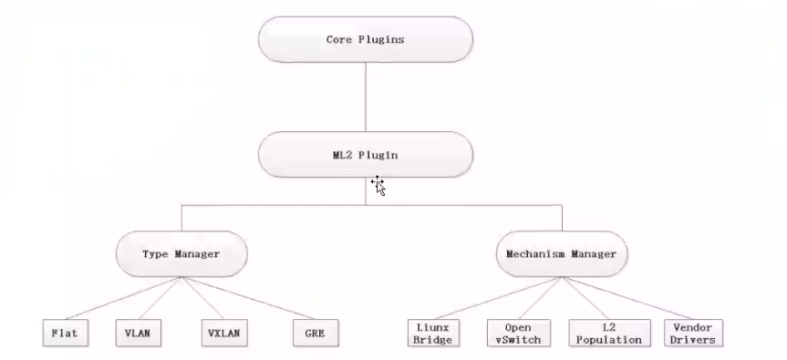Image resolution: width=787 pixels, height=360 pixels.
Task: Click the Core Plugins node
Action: tap(366, 40)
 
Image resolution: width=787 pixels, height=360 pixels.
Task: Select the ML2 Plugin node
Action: tap(366, 155)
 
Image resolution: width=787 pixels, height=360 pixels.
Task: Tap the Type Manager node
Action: tap(181, 254)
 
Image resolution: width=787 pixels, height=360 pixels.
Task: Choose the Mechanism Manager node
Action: tap(562, 254)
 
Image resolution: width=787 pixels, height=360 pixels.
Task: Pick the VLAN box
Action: tap(138, 333)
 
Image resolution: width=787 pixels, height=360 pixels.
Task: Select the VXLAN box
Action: tap(223, 333)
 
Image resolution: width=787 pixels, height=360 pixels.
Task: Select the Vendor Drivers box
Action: tap(692, 333)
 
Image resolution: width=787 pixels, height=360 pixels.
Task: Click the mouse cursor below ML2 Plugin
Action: tap(378, 186)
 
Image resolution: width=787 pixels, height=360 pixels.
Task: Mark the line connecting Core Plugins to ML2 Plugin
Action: tap(366, 98)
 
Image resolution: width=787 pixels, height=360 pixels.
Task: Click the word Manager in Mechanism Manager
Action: tap(595, 254)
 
